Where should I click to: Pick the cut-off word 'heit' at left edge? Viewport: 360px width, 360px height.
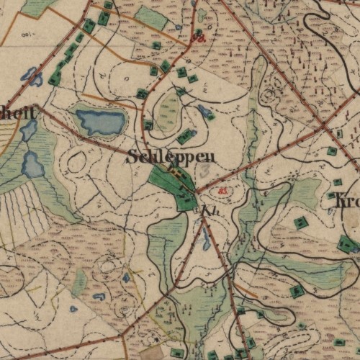click(x=16, y=111)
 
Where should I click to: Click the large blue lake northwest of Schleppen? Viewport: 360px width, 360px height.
click(x=100, y=122)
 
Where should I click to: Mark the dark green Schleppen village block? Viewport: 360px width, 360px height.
click(x=174, y=184)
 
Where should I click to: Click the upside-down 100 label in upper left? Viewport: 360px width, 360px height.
click(x=27, y=34)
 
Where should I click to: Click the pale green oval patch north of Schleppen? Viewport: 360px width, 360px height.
click(x=168, y=112)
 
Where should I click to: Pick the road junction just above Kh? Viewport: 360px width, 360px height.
click(x=197, y=193)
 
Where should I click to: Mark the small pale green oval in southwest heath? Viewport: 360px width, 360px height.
click(x=79, y=283)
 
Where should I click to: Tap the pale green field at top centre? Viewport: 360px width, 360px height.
click(x=151, y=17)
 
